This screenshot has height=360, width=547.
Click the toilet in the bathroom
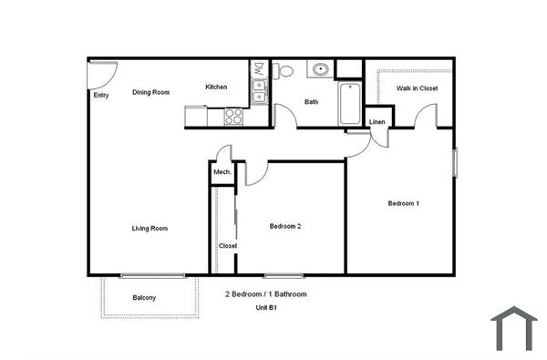coord(283,71)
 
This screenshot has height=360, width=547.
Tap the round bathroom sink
coord(320,69)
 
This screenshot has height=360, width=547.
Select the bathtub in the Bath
coord(350,103)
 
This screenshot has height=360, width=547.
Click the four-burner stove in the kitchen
coord(233,116)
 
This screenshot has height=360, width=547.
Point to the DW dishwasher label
coord(259,69)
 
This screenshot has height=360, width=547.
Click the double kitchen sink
coord(260,91)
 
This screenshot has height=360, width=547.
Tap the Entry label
coord(101,95)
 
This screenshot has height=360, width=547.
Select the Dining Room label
coord(150,92)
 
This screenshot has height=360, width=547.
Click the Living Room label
coord(150,229)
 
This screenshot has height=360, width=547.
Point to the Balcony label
coord(144,298)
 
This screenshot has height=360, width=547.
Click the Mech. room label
coord(222,172)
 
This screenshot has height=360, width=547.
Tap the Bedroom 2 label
coord(285,226)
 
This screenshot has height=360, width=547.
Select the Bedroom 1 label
coord(404,203)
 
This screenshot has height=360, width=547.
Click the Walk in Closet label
coord(417,88)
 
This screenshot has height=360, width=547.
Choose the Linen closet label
coord(377,122)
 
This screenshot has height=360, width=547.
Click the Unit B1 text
coord(266,308)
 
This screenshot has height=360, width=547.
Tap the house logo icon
coord(514,328)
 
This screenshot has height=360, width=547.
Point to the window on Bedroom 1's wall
coord(455,163)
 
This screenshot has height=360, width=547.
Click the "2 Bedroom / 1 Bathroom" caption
coord(266,294)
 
